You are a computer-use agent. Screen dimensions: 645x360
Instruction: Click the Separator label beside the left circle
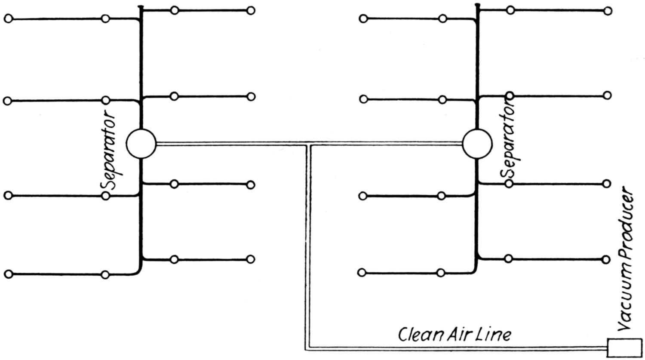108,149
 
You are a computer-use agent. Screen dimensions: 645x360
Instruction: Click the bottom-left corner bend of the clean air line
307,349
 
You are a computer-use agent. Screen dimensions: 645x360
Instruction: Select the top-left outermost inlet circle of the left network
9,19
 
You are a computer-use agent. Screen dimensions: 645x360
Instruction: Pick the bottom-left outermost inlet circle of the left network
9,274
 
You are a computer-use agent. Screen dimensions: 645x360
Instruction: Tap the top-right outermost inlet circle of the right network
608,11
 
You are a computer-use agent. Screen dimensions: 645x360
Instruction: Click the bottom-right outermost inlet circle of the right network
606,259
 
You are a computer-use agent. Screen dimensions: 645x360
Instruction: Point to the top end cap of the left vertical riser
140,6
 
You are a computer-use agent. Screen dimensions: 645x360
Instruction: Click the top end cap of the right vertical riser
477,5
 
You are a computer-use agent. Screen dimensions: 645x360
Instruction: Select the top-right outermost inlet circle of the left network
251,11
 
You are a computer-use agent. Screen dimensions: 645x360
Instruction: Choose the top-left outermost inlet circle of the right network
363,19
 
